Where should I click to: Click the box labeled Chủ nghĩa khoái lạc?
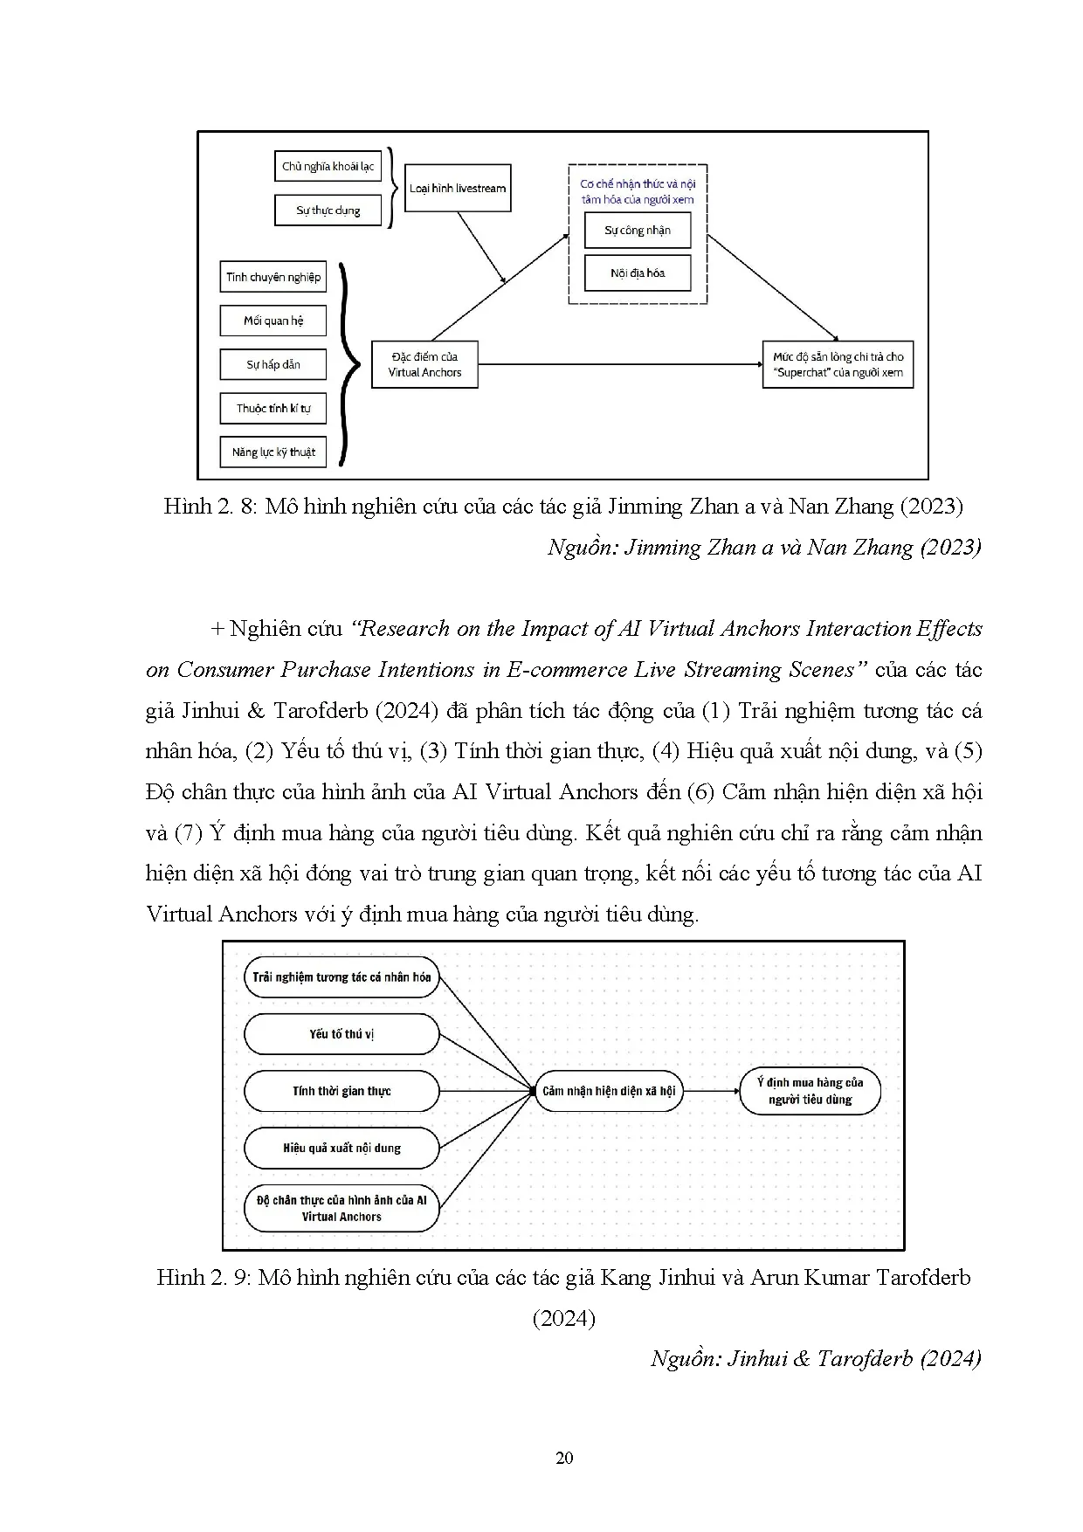click(328, 166)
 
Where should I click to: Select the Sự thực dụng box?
click(328, 210)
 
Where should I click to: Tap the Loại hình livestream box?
click(458, 188)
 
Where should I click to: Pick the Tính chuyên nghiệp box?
click(273, 277)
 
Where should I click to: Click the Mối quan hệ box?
click(273, 321)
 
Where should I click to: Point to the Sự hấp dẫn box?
click(273, 364)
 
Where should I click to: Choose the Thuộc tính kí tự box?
click(273, 408)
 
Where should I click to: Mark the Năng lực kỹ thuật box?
click(273, 452)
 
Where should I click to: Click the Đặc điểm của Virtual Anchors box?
click(424, 364)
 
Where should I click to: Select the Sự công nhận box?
click(638, 231)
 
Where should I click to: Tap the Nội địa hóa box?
click(638, 273)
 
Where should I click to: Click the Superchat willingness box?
click(838, 364)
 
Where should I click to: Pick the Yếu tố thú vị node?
click(341, 1034)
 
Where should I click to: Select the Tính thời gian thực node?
click(341, 1091)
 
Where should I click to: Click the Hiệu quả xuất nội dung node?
click(341, 1148)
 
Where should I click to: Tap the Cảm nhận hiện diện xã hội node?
click(609, 1091)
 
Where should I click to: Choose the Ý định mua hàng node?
click(810, 1091)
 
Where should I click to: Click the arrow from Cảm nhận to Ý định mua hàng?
click(711, 1091)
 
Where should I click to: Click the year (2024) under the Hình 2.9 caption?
click(564, 1318)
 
